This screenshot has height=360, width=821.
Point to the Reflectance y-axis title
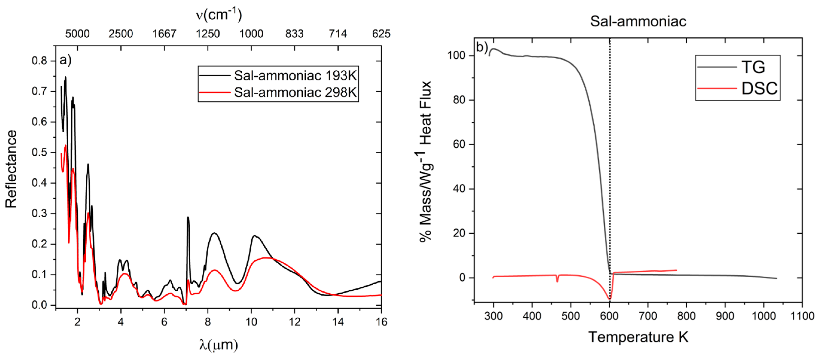pos(11,169)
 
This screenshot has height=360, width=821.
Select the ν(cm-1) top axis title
pos(219,14)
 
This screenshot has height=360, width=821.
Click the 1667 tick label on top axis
pos(164,34)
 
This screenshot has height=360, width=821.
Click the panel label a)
pos(65,60)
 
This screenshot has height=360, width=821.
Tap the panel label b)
pos(482,47)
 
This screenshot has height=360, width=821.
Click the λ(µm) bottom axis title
pos(219,345)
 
